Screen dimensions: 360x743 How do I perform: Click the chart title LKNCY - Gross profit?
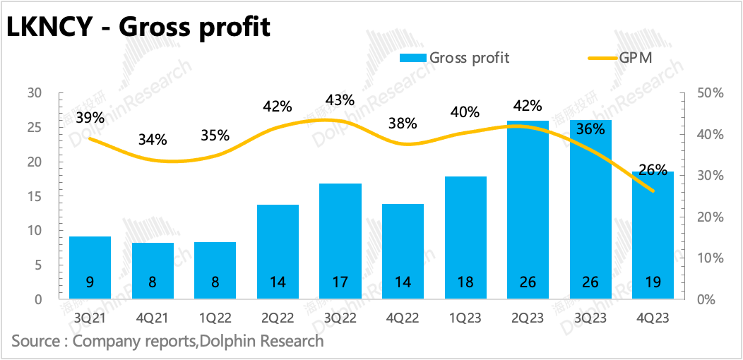(138, 27)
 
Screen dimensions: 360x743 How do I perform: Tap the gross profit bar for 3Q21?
(89, 268)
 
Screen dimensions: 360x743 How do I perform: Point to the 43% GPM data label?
(340, 100)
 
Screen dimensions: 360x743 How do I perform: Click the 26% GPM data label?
(653, 169)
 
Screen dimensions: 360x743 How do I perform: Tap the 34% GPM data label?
(153, 139)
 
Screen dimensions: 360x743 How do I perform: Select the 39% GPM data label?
(90, 118)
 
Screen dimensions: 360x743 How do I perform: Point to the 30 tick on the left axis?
(35, 93)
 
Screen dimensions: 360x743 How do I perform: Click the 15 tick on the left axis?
(35, 196)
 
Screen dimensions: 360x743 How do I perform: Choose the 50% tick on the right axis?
(709, 93)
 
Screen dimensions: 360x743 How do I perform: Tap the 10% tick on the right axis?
(709, 258)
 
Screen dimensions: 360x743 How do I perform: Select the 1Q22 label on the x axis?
(215, 318)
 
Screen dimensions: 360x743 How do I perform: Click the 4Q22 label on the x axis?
(403, 318)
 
